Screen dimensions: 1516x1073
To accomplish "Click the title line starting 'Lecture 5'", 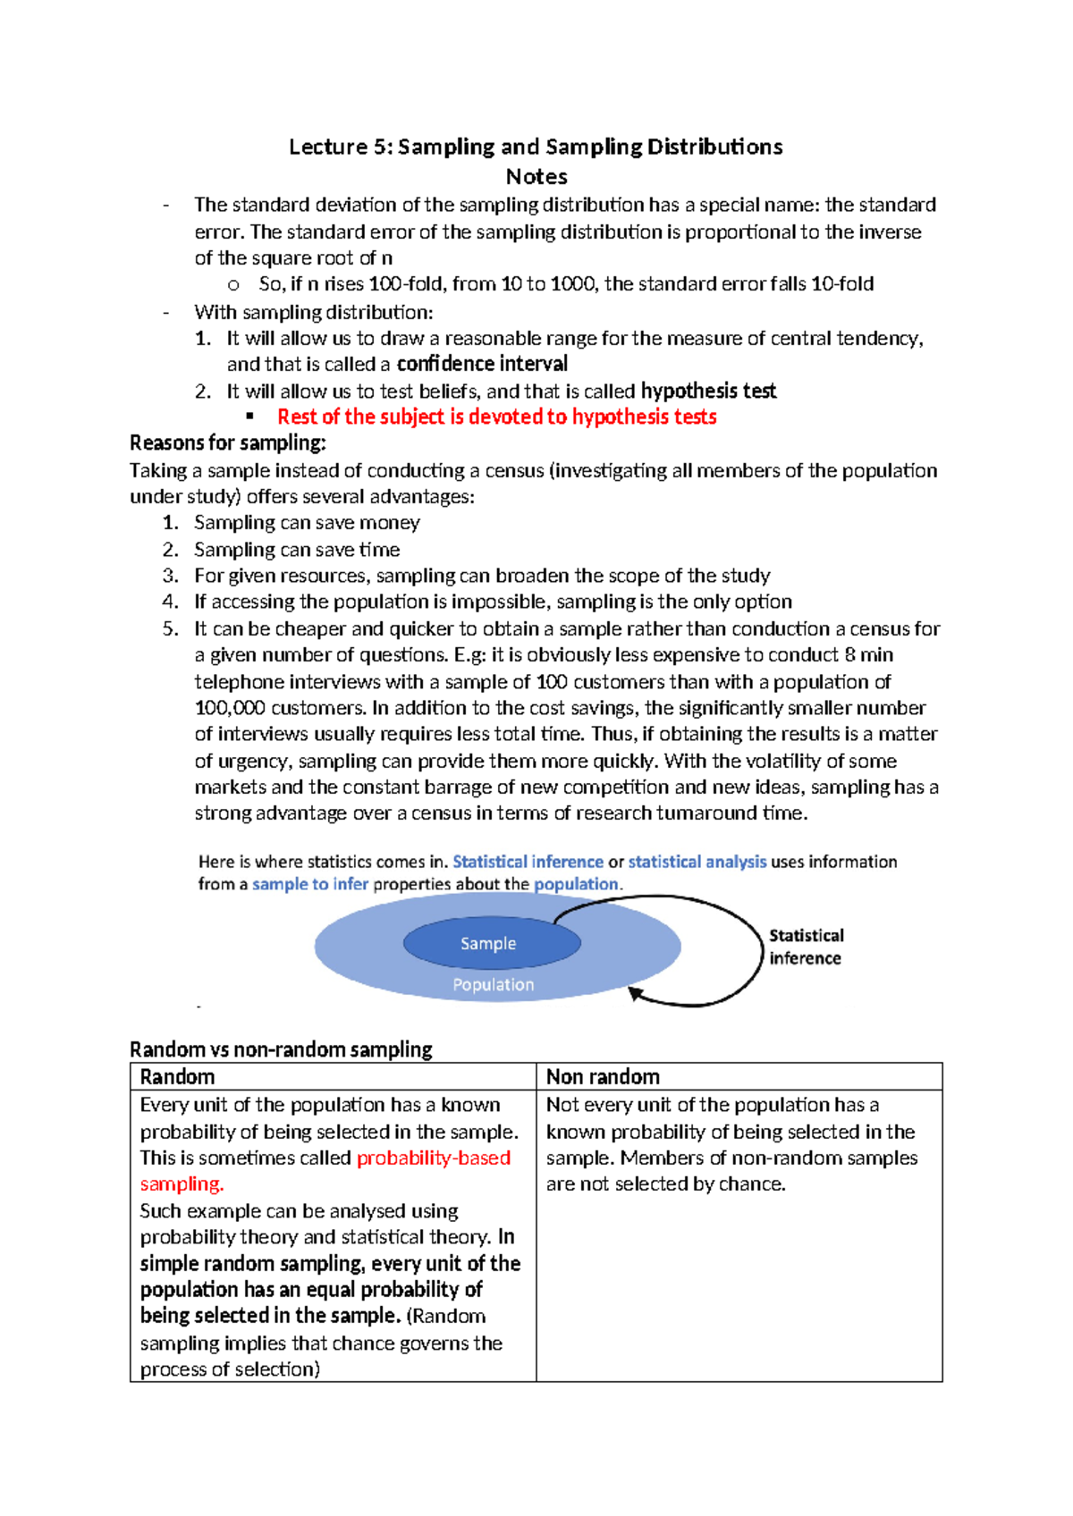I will pos(536,147).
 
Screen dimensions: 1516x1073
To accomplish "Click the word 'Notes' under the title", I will pos(536,176).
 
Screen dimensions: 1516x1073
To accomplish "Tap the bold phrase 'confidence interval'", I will pos(482,364).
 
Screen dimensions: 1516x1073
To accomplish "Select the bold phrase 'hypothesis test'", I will pos(708,391).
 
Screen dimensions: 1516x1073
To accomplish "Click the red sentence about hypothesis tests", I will pos(496,417).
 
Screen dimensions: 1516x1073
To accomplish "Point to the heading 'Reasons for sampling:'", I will pos(228,442).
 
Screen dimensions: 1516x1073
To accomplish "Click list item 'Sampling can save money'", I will pos(307,522).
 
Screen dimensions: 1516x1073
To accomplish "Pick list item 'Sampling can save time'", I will pos(297,549).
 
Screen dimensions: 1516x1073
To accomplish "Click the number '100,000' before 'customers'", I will pos(230,708).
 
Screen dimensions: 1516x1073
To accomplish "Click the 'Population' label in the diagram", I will pos(493,984).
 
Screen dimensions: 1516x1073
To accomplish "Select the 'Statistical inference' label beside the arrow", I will pos(806,947).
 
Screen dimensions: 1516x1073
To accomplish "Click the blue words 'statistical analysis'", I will pos(697,862).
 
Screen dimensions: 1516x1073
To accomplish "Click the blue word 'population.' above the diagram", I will pos(578,884).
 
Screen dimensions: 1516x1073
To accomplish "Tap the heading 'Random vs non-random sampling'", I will pos(281,1049).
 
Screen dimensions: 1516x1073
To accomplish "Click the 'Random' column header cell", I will pos(333,1076).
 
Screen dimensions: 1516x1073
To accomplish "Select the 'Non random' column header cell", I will pos(739,1076).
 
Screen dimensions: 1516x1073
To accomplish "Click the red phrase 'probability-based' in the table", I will pos(434,1158).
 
